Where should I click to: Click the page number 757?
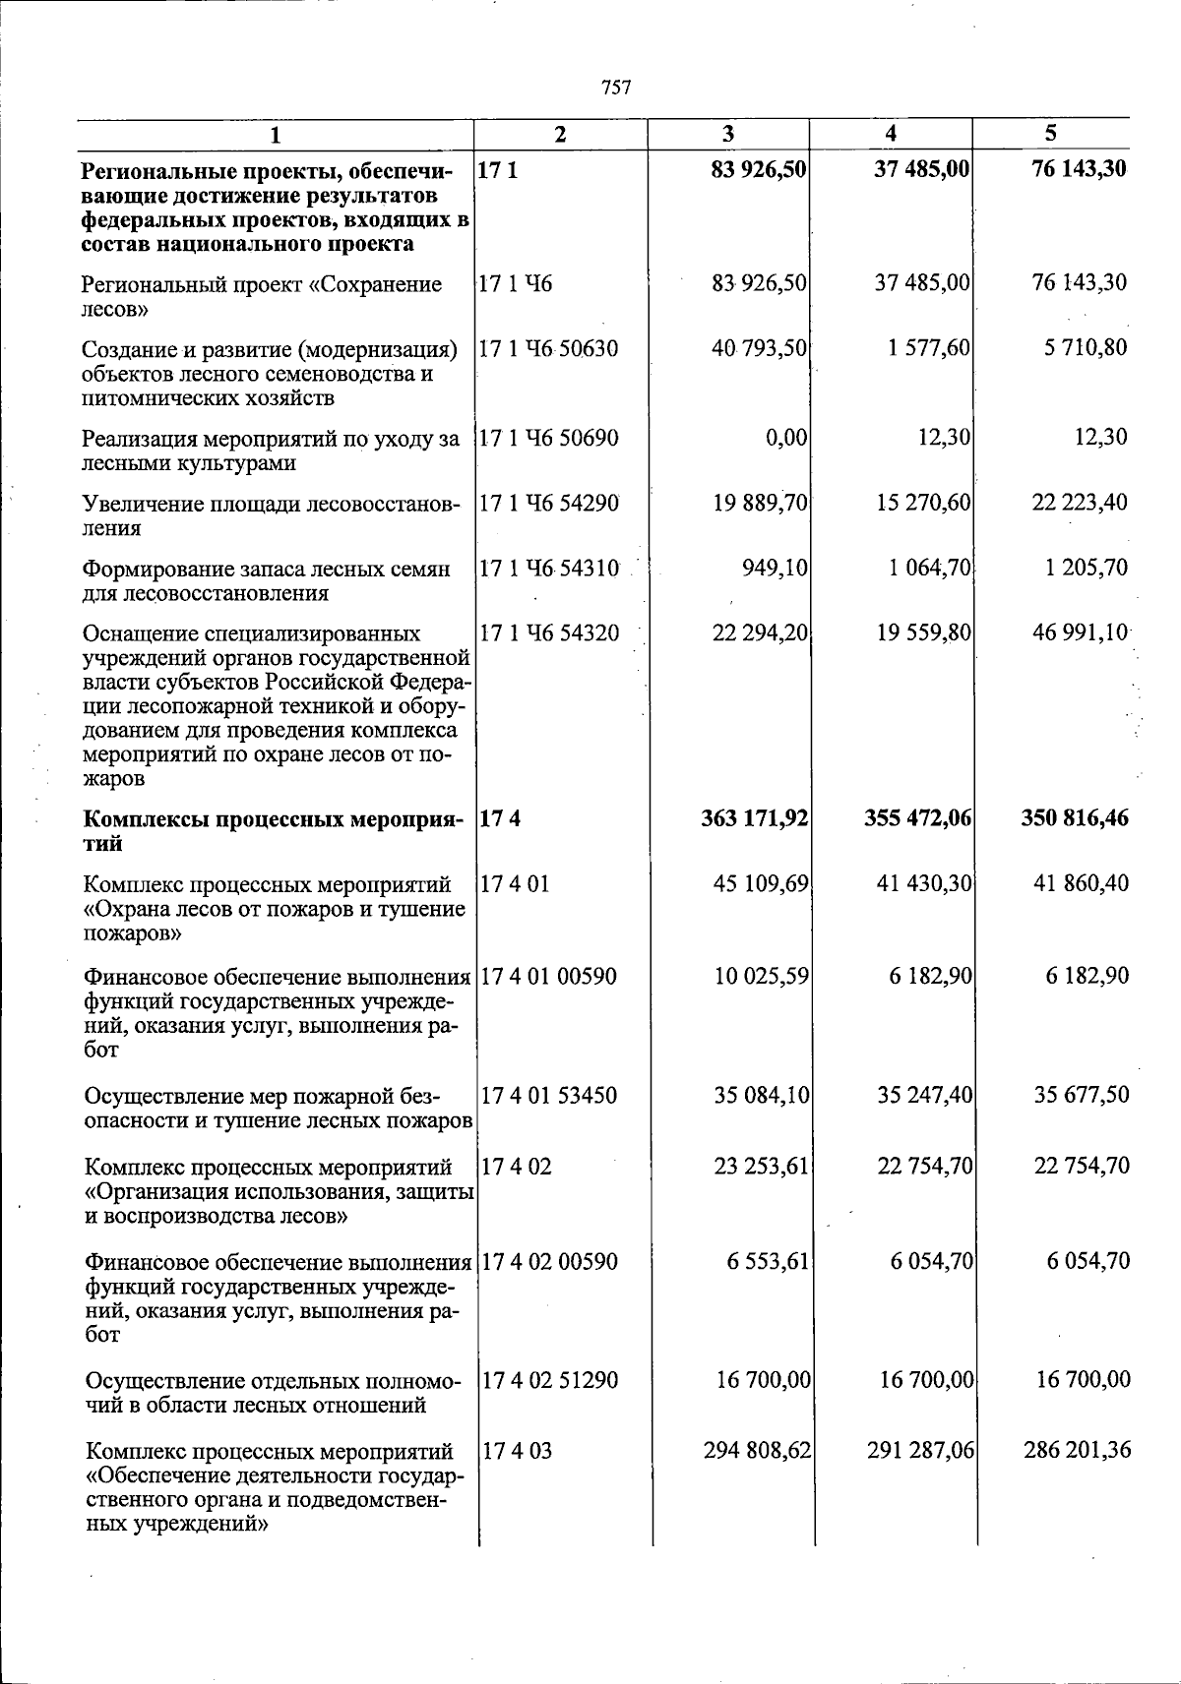tap(615, 89)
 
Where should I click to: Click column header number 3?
tap(727, 135)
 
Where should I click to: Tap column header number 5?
tap(1050, 134)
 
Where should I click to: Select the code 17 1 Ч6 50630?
tap(549, 349)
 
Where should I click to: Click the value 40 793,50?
tap(760, 347)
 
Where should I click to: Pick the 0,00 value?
tap(786, 437)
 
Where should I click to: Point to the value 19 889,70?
tap(760, 503)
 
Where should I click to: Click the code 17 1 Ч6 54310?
tap(549, 569)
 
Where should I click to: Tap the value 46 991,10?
tap(1080, 632)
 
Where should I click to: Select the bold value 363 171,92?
tap(755, 818)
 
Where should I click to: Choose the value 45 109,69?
tap(761, 883)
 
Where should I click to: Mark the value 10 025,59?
tap(761, 976)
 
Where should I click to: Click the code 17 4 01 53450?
tap(549, 1095)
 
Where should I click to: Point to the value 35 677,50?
tap(1082, 1095)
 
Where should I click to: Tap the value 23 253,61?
tap(761, 1167)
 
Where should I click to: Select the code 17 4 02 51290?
tap(549, 1380)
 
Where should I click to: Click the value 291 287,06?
tap(920, 1450)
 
